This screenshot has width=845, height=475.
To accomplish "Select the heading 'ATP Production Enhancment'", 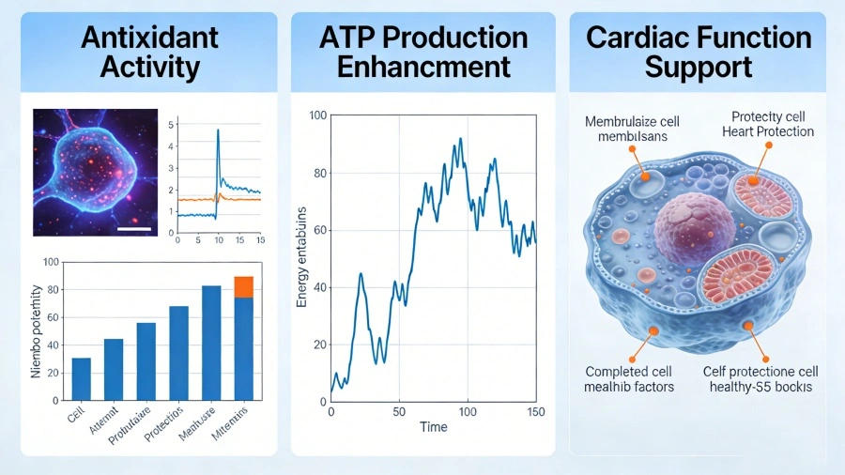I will [x=423, y=52].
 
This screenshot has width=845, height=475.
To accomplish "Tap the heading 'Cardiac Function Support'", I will [x=698, y=52].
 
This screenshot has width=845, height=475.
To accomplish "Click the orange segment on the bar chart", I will [x=243, y=286].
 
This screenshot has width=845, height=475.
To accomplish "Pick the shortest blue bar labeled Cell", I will [x=82, y=376].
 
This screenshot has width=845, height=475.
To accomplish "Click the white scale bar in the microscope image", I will [x=134, y=226].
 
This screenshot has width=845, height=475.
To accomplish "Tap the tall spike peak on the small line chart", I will [x=218, y=130].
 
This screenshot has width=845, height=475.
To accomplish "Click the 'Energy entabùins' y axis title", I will [x=303, y=258].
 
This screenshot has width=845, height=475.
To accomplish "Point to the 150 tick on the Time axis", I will [x=535, y=410].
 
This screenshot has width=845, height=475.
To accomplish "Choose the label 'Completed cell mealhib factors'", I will [x=629, y=378].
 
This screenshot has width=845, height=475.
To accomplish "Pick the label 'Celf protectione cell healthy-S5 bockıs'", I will [x=762, y=378].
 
